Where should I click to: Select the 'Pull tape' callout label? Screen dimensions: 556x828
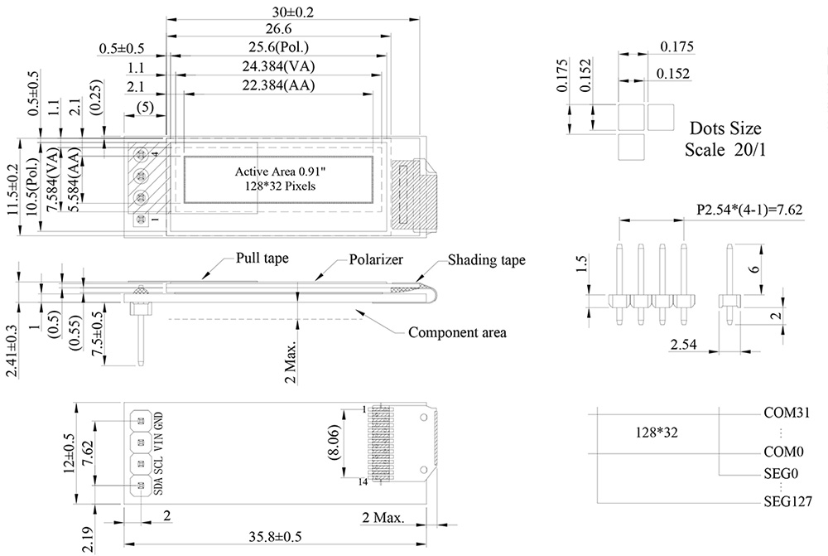point(262,259)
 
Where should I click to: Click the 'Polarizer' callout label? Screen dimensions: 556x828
point(375,260)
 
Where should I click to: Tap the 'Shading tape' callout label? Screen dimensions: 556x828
point(487,260)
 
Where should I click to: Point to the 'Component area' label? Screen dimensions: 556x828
point(457,333)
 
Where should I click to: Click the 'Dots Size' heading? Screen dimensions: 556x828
point(724,129)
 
